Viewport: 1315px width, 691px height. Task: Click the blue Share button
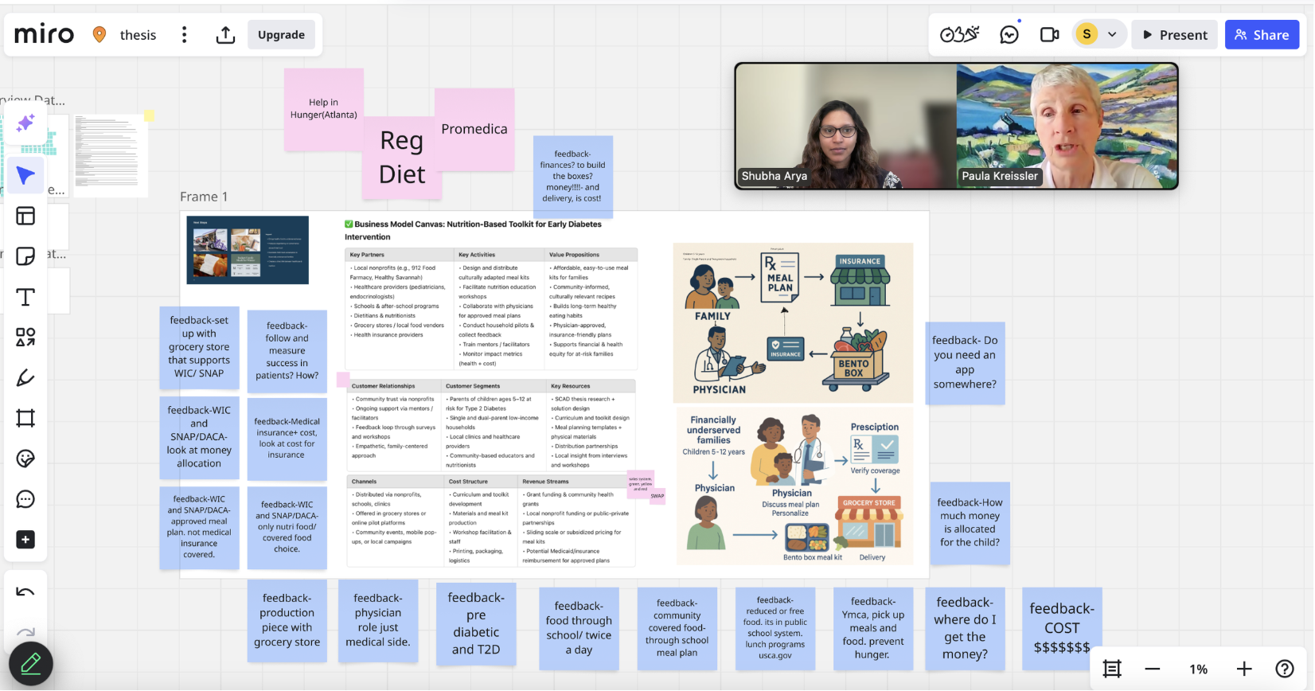1262,35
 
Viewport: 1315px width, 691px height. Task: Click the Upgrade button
281,35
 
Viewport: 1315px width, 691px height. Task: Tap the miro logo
45,34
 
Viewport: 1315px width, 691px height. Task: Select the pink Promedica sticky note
474,129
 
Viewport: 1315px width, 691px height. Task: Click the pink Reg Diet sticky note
402,158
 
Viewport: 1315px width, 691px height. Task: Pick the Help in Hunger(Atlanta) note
323,109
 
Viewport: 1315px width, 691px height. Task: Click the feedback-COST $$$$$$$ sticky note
1062,628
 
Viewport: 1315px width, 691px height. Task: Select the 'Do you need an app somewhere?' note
965,362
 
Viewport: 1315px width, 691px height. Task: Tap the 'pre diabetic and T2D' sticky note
476,623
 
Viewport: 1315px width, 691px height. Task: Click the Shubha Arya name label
774,176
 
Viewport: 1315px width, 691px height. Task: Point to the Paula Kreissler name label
1000,176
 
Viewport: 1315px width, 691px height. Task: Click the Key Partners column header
367,255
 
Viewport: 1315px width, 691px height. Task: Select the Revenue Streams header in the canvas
545,482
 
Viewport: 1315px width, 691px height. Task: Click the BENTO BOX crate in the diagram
854,367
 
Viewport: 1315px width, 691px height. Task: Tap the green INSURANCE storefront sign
860,261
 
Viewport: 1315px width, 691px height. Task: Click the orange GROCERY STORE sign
869,503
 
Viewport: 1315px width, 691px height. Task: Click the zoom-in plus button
1244,669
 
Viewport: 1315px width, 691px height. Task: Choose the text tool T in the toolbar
25,297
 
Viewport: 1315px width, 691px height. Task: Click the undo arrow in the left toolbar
25,591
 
